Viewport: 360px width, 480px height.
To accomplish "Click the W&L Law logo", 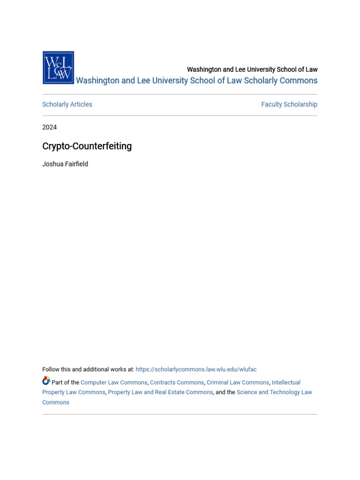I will pos(58,67).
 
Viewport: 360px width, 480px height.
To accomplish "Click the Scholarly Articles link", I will pos(67,105).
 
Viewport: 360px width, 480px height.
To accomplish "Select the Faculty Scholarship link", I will pos(289,105).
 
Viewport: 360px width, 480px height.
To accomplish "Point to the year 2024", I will pos(50,127).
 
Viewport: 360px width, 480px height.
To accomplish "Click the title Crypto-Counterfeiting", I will pos(87,146).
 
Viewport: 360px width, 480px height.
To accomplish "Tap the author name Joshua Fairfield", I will pos(65,164).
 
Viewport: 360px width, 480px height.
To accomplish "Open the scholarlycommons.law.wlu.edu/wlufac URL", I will pos(196,369).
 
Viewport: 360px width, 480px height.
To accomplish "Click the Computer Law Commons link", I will pos(114,382).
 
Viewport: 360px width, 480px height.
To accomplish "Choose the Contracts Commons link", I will pos(177,382).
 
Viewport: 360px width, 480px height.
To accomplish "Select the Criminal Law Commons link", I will pos(238,382).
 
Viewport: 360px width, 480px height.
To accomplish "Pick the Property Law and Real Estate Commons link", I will pos(160,392).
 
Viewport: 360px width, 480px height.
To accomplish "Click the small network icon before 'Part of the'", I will pos(46,381).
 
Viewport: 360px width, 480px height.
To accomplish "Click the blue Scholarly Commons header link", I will pos(196,81).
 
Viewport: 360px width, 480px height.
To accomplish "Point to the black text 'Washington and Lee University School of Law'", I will pos(252,69).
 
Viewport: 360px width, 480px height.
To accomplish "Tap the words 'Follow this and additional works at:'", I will pos(88,369).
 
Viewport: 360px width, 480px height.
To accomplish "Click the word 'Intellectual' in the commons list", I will pos(286,382).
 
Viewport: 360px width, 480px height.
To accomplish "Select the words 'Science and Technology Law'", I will pos(274,392).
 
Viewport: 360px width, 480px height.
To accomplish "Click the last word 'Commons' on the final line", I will pos(56,403).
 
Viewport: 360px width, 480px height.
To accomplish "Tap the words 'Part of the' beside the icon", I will pos(65,382).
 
